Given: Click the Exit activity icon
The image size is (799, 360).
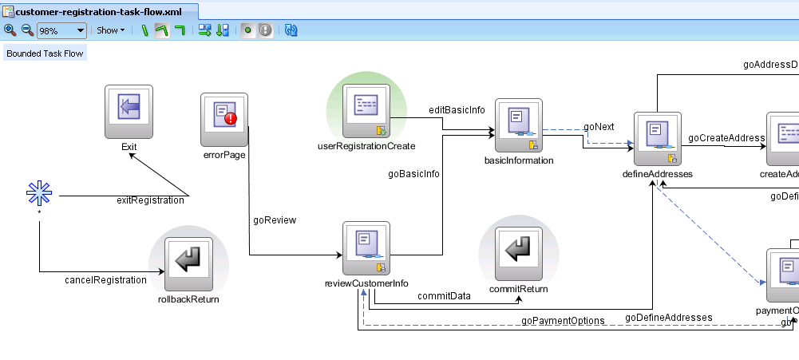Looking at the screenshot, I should (x=129, y=111).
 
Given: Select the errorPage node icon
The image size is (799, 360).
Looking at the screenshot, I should (x=224, y=119).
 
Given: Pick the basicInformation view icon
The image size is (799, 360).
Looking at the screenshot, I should (x=519, y=125).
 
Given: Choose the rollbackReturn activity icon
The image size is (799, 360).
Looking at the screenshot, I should (x=188, y=263).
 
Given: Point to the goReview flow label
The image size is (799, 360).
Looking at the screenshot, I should (x=275, y=220).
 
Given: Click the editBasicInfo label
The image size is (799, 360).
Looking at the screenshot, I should (x=457, y=110).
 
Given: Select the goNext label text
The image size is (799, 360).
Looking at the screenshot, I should (x=599, y=126).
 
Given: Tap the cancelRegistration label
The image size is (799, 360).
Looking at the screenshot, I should (x=105, y=280).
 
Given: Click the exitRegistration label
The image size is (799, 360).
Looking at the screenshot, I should (x=150, y=200).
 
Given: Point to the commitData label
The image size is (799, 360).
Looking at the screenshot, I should (x=444, y=295).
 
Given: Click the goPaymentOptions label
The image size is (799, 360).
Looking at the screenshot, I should (x=563, y=320).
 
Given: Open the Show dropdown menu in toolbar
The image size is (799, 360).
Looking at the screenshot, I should (x=110, y=30).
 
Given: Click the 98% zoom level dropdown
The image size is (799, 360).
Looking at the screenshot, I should (x=61, y=30).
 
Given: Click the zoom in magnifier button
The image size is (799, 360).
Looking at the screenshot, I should (x=10, y=30).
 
